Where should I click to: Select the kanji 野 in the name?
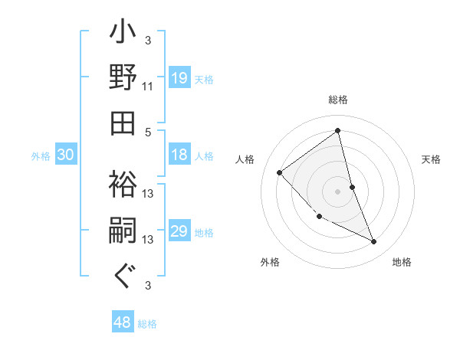tap(123, 77)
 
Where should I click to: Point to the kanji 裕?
tap(123, 185)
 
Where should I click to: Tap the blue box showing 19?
tap(179, 77)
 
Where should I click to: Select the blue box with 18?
tap(179, 155)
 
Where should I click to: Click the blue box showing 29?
tap(179, 231)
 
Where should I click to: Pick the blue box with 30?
tap(66, 155)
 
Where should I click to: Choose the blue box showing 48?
tap(123, 322)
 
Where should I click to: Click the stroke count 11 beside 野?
tap(148, 87)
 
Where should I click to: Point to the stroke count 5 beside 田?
tap(148, 131)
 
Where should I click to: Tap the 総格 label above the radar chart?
tap(338, 100)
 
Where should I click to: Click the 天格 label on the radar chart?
tap(432, 159)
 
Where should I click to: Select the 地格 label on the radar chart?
tap(402, 262)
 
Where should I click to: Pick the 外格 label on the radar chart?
tap(270, 262)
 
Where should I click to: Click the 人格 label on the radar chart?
tap(245, 159)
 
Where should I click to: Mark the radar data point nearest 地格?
tap(374, 242)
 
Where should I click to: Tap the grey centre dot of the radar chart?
tap(338, 191)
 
